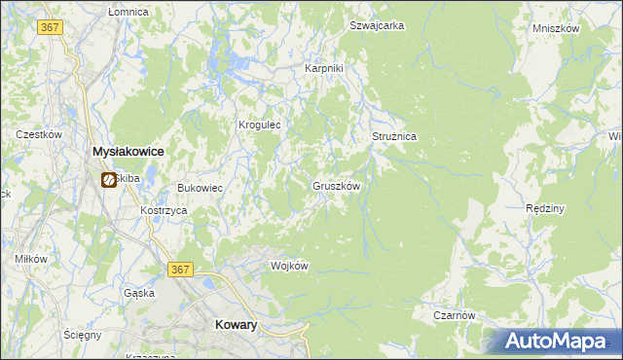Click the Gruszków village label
pos(337,185)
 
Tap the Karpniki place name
pos(324,69)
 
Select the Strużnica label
pos(394,137)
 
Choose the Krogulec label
pos(260,125)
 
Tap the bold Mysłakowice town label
pos(127,152)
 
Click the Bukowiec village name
pos(200,188)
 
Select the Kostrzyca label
pos(163,210)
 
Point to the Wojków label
pos(289,266)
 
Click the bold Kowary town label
pos(235,327)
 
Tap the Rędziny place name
pos(545,208)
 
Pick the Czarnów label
pos(454,315)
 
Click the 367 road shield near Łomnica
pos(52,27)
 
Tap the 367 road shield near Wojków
pos(180,270)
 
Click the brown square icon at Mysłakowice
pos(108,180)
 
